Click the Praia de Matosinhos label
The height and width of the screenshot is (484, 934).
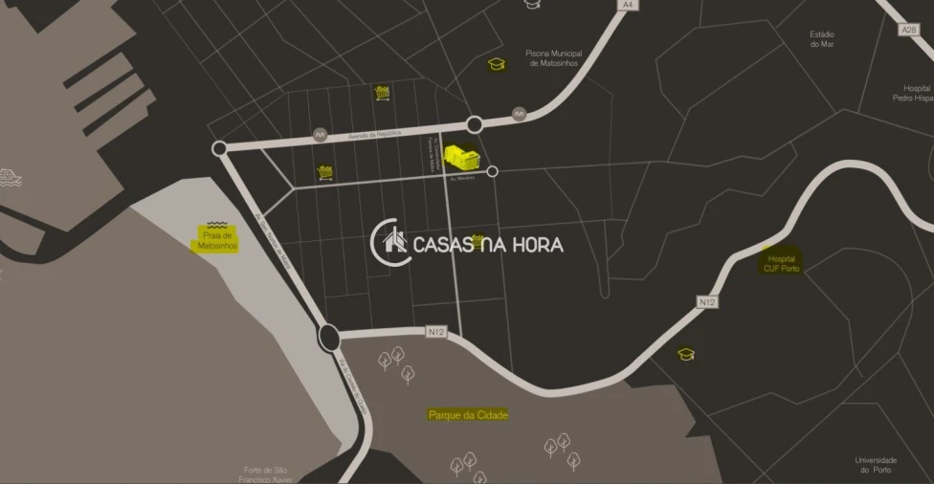[215, 240]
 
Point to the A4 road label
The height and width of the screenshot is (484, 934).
[627, 5]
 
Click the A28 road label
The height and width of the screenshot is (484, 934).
[908, 30]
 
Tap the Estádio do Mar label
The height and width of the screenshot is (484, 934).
[822, 38]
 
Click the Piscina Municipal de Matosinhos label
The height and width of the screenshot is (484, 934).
[554, 59]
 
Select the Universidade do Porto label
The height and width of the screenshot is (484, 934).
[876, 465]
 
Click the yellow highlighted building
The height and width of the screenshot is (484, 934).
[462, 158]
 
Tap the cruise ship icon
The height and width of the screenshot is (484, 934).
[9, 177]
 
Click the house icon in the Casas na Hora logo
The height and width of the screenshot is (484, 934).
[394, 242]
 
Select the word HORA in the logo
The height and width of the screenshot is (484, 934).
[534, 244]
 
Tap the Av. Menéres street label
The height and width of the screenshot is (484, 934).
[463, 177]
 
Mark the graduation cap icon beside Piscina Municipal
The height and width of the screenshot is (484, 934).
[496, 64]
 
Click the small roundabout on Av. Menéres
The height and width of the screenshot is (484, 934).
[492, 171]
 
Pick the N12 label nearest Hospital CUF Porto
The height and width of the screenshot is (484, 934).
[707, 302]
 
